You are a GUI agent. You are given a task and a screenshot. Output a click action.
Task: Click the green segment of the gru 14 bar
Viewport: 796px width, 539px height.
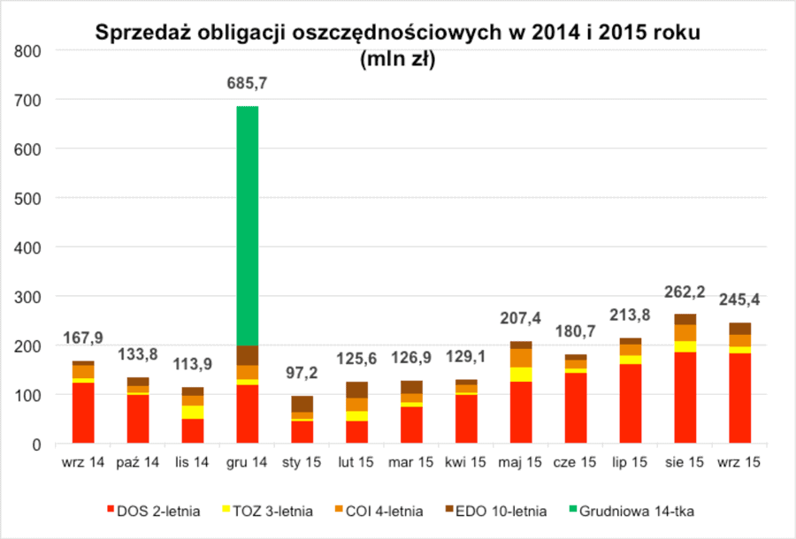pyautogui.click(x=248, y=225)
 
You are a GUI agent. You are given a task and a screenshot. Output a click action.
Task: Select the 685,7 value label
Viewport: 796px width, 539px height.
pyautogui.click(x=248, y=84)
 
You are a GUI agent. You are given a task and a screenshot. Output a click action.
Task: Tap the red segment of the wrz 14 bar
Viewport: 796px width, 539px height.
pyautogui.click(x=83, y=413)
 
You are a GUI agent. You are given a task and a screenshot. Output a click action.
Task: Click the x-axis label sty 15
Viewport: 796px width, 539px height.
pyautogui.click(x=302, y=462)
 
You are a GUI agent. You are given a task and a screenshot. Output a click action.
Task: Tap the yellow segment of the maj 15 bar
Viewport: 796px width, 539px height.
pyautogui.click(x=521, y=374)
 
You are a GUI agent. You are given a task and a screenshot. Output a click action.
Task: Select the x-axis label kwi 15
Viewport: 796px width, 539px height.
pyautogui.click(x=466, y=462)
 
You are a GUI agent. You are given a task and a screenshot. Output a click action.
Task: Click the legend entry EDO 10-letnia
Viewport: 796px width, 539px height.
pyautogui.click(x=502, y=511)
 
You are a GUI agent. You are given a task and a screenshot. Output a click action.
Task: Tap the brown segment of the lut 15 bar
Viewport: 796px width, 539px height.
pyautogui.click(x=357, y=390)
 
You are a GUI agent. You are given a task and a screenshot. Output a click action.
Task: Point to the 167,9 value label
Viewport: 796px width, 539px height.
pyautogui.click(x=84, y=338)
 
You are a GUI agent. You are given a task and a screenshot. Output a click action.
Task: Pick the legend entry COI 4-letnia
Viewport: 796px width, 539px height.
pyautogui.click(x=386, y=511)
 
